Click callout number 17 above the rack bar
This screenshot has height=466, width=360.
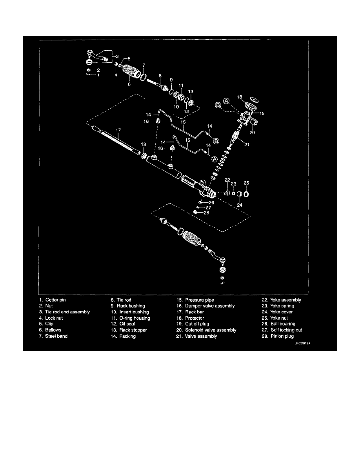118,130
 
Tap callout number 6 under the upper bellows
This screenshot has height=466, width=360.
129,84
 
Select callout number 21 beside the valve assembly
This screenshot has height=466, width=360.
247,144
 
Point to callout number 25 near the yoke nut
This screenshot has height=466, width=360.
246,183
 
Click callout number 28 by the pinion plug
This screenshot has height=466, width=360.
206,213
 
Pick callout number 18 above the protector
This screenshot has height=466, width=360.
239,97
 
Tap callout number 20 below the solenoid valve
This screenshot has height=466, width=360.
252,133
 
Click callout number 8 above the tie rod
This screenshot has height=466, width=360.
160,76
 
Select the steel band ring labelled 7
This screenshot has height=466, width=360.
144,77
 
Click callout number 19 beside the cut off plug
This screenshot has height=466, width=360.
262,113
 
